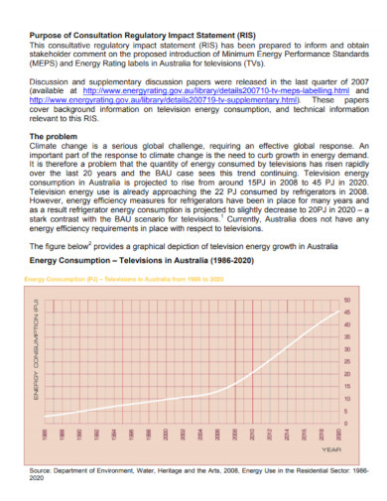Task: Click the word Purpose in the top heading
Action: (x=49, y=35)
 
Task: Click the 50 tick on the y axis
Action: (x=346, y=300)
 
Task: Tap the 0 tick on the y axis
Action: (x=346, y=424)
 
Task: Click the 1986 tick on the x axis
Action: (x=45, y=436)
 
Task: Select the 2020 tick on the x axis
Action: (x=338, y=436)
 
